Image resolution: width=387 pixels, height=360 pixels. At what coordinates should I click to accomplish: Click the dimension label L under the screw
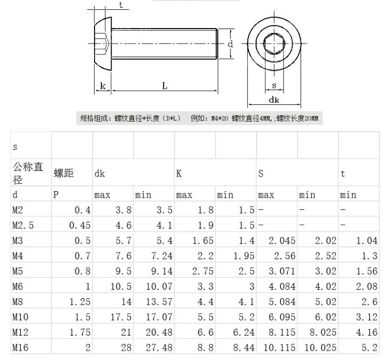click(x=165, y=86)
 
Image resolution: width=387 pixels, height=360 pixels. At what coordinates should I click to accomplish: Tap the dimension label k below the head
click(x=103, y=86)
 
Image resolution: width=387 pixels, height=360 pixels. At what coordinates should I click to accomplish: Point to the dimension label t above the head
click(x=121, y=5)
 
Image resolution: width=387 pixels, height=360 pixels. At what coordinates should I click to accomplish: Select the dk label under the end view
click(x=274, y=100)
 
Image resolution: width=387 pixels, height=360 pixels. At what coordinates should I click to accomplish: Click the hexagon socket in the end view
click(x=274, y=44)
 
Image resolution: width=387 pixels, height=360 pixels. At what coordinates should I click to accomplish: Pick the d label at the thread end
click(x=230, y=44)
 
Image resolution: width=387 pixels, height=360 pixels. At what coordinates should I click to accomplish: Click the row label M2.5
click(x=23, y=225)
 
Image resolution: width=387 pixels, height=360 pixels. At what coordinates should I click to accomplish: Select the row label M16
click(x=20, y=348)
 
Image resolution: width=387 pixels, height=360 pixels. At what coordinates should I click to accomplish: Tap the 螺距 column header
click(x=64, y=173)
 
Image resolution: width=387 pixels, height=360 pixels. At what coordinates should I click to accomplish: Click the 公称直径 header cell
click(x=28, y=173)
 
